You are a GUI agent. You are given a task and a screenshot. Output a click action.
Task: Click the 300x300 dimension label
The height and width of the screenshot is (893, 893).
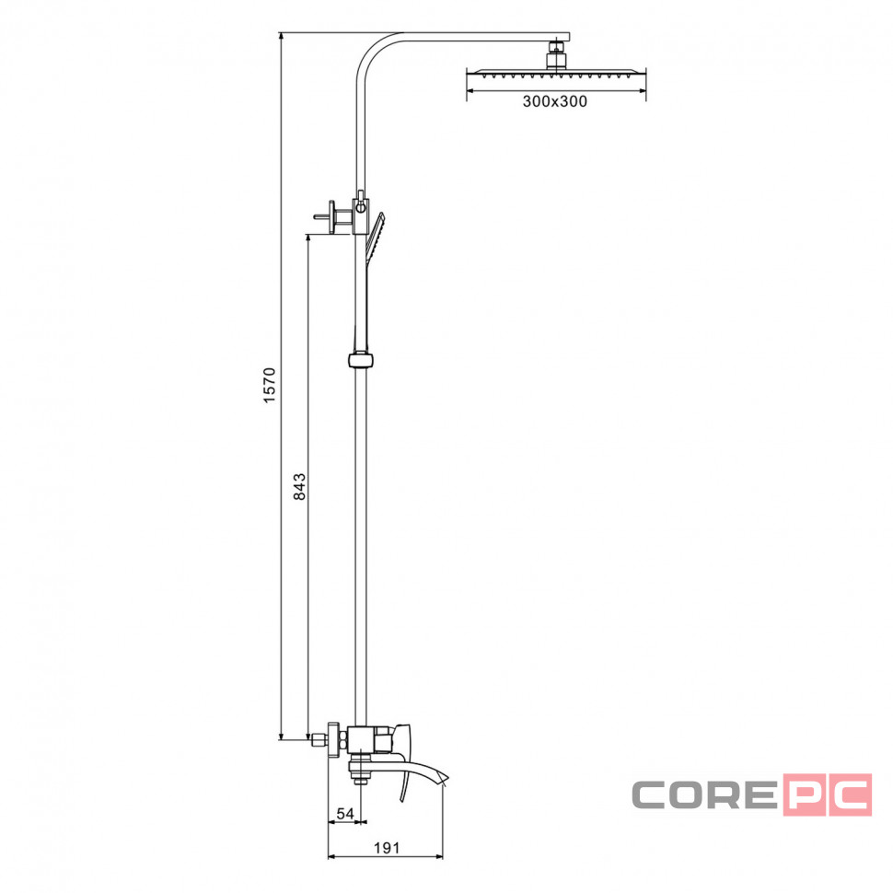pos(555,101)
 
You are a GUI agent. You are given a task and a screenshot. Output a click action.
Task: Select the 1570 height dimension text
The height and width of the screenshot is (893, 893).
pos(270,386)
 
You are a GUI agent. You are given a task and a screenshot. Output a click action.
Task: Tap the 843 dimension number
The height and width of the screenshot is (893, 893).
pos(299,486)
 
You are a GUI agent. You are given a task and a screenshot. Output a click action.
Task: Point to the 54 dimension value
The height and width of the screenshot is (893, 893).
pos(345,814)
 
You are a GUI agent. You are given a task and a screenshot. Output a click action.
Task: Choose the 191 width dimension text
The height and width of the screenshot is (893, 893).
pos(387,848)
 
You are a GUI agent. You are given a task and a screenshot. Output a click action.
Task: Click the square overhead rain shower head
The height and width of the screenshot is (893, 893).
pos(556,74)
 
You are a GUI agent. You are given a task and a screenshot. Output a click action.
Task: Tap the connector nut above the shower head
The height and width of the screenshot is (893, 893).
pos(557,54)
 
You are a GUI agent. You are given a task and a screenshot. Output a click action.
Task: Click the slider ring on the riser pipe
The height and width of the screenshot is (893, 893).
pos(361,361)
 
